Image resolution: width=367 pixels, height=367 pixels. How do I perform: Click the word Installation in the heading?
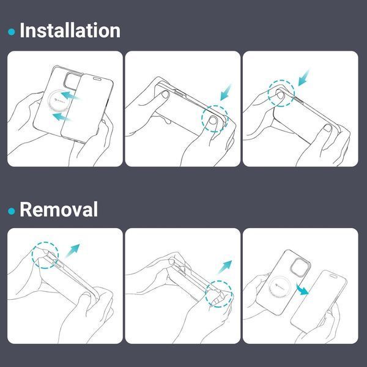point(70,31)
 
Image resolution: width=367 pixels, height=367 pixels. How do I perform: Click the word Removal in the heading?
point(59,209)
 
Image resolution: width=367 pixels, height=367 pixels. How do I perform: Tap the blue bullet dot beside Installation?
point(12,32)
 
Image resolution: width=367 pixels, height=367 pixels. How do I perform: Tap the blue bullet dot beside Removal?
point(12,211)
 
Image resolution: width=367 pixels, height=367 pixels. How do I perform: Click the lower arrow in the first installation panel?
point(61,116)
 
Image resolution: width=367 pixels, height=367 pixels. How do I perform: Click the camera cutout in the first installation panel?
point(72,81)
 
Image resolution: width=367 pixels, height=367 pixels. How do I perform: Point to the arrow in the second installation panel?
point(225,92)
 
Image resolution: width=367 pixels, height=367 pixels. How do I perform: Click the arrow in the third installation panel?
point(303,78)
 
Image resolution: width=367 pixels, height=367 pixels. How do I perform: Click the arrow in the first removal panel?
point(72,251)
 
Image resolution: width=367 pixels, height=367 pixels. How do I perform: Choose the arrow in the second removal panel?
point(224,267)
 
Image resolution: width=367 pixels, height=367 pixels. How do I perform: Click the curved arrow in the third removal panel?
point(302,289)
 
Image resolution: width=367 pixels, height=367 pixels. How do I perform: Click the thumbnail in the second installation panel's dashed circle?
point(213,120)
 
